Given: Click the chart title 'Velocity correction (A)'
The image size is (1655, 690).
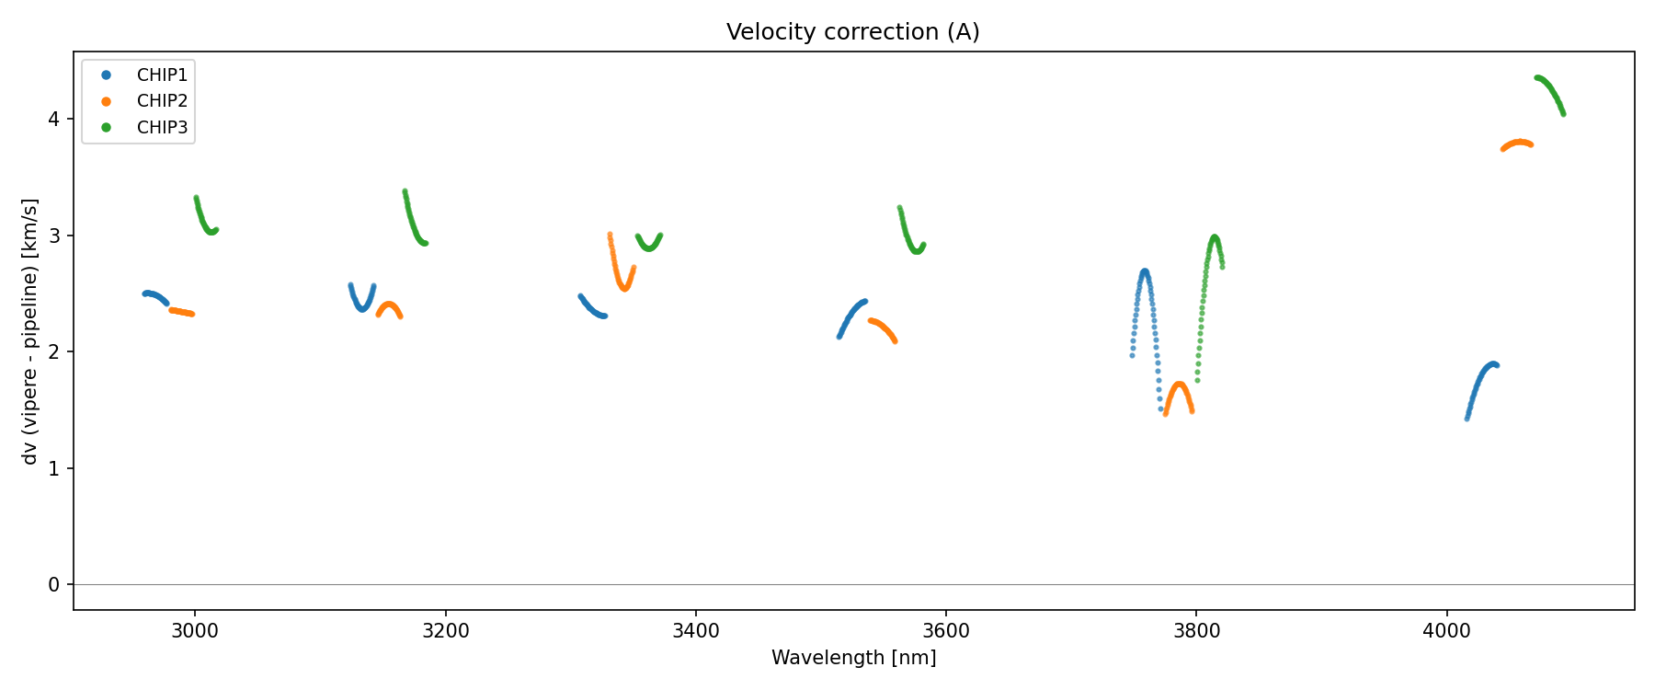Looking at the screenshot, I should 852,32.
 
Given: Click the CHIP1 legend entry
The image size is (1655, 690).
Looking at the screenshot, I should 162,75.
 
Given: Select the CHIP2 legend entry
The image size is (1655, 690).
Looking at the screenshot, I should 162,101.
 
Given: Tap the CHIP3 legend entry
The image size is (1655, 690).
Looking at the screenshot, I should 162,128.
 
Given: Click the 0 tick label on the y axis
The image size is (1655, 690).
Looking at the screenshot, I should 54,585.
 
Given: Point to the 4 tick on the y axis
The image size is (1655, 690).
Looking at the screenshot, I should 54,120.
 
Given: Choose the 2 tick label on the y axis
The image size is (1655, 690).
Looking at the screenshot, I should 54,352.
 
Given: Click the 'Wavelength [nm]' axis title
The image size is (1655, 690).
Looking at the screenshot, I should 853,658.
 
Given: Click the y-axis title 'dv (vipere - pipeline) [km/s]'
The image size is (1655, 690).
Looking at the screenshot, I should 30,331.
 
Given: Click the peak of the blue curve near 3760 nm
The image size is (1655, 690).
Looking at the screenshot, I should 1145,271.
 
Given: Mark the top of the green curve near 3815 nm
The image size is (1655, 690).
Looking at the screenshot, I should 1215,237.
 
